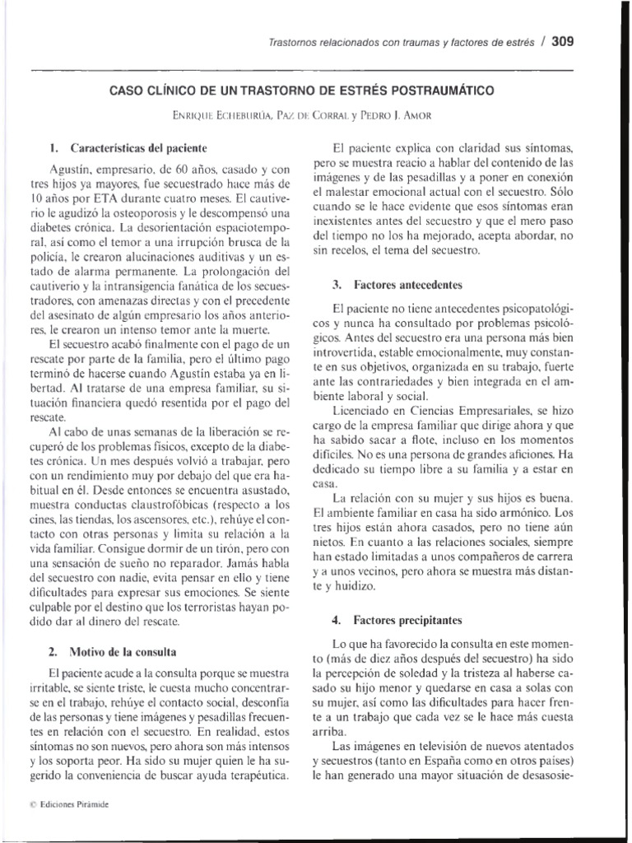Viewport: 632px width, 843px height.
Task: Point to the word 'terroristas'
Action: pos(221,607)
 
